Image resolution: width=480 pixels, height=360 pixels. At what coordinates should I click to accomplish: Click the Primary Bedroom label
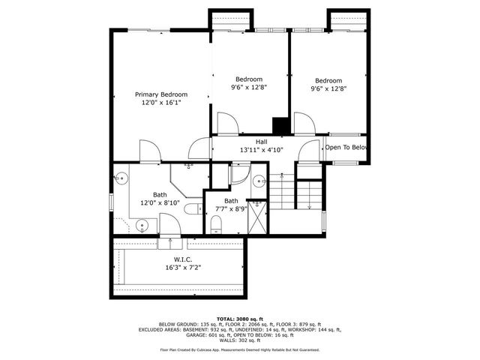pos(161,94)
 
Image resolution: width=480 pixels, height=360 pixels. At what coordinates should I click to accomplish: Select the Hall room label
pos(261,141)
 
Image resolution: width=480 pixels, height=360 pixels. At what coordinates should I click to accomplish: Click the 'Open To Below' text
pos(346,148)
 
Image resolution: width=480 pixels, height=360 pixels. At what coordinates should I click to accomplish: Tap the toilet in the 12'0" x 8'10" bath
pos(191,209)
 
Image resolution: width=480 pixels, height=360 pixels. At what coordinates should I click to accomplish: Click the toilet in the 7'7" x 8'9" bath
pos(216,223)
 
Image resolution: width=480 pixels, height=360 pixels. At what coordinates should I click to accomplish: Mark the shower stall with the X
pos(257,217)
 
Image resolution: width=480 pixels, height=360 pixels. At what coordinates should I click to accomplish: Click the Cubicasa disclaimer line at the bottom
pos(239,349)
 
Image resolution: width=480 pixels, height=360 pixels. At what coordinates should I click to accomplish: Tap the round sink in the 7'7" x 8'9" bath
pos(258,181)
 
